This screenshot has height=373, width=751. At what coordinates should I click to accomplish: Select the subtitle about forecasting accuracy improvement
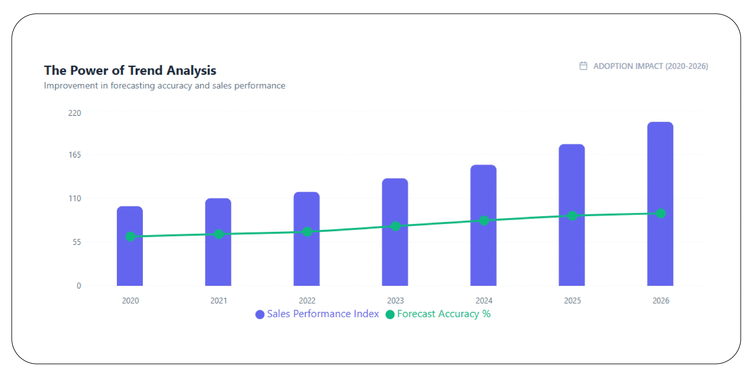tap(164, 85)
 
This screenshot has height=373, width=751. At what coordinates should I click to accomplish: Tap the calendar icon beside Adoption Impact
tap(583, 66)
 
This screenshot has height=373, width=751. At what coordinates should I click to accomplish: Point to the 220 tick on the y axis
tap(75, 113)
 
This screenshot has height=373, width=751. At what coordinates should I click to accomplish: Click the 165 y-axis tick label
tap(75, 155)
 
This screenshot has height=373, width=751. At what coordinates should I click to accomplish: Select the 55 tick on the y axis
tap(77, 242)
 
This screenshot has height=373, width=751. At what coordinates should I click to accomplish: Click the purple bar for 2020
tap(130, 263)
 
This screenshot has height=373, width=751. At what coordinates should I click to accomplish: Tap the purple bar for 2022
tap(306, 260)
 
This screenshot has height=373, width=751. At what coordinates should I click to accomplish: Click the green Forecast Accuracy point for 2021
tap(219, 234)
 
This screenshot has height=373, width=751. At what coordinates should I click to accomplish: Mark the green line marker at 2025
tap(572, 216)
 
